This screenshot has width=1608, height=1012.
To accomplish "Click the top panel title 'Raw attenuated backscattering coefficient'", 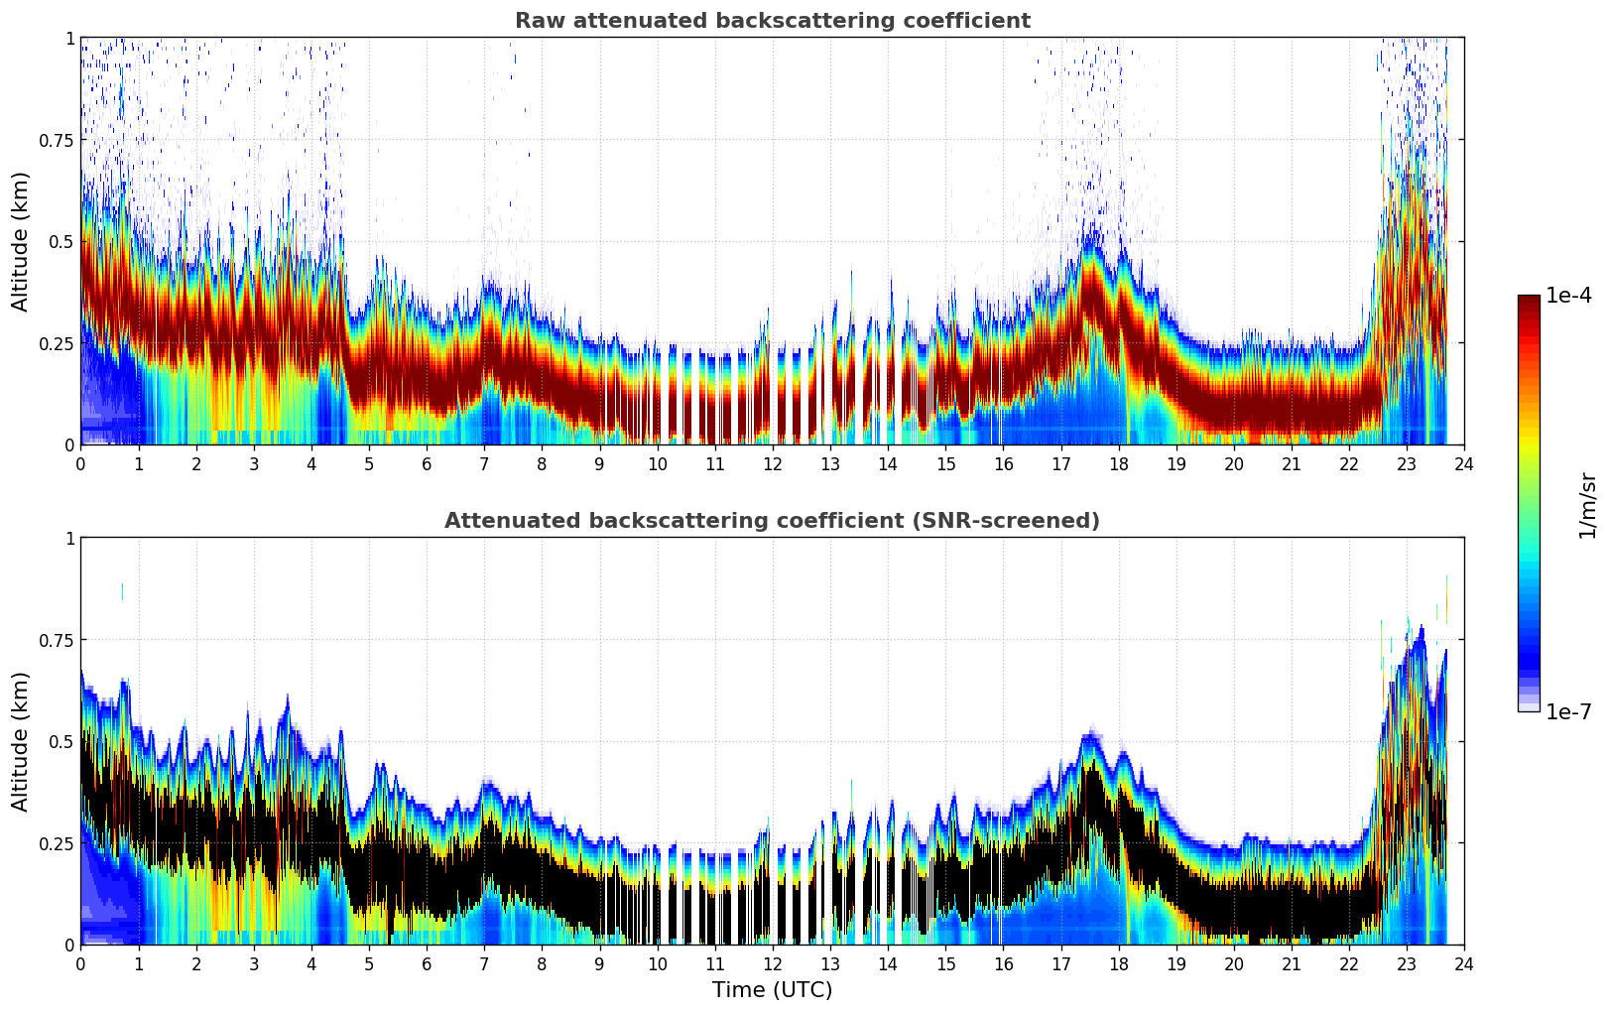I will click(x=772, y=21).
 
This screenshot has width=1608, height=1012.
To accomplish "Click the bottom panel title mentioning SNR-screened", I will click(x=772, y=521).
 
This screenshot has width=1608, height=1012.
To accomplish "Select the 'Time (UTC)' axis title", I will click(x=772, y=990).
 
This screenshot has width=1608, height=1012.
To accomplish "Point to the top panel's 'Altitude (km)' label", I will click(x=21, y=241).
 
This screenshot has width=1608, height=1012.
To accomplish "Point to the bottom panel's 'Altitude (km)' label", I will click(x=21, y=741).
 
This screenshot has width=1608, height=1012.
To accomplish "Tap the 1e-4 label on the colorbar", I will click(x=1568, y=296).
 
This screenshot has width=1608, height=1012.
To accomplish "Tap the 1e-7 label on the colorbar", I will click(x=1568, y=711).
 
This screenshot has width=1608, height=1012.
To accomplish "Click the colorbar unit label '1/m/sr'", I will click(x=1587, y=505).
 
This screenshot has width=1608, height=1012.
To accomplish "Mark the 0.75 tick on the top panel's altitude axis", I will click(x=56, y=140).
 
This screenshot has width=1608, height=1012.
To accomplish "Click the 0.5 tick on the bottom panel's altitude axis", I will click(x=62, y=741).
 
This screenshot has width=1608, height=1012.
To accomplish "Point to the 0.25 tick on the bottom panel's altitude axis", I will click(x=56, y=843).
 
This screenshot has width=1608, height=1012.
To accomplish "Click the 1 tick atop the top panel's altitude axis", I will click(x=69, y=38).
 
